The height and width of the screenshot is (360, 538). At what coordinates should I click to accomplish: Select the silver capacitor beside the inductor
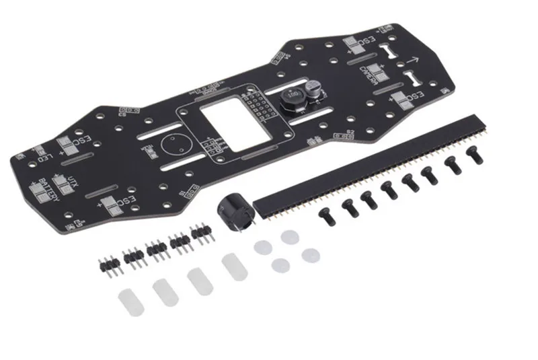pos(311,88)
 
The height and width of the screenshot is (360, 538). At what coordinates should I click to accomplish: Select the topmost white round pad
pos(289,237)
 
